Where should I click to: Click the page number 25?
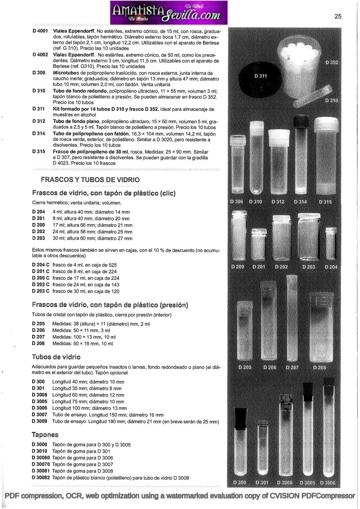[338, 16]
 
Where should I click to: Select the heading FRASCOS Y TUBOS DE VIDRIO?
[90, 180]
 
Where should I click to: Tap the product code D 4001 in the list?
[40, 31]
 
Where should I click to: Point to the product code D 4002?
[40, 55]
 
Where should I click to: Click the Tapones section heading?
[45, 435]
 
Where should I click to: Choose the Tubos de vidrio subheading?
[56, 357]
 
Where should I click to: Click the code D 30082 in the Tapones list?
[41, 478]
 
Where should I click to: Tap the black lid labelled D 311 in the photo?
[260, 76]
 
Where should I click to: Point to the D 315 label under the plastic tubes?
[325, 202]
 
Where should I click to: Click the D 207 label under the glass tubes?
[292, 367]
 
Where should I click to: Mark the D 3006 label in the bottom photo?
[327, 483]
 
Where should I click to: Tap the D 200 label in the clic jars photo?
[238, 266]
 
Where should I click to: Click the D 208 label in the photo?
[319, 367]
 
